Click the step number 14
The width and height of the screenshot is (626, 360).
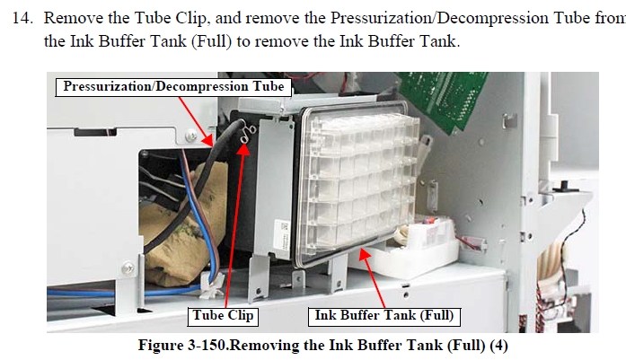coord(22,18)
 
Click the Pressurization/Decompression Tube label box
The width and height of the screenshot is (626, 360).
coord(173,87)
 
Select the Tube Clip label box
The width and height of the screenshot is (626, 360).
coord(223,316)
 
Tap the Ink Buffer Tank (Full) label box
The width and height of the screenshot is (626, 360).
coord(384,316)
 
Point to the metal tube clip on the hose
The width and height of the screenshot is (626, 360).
coord(248,133)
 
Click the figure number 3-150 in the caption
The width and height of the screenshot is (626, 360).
coord(207,345)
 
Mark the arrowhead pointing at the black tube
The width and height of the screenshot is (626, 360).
coord(208,141)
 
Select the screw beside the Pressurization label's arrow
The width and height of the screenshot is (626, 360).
coord(191,136)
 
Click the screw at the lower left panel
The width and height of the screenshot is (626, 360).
coord(128,268)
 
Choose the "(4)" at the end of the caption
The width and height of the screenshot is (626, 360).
coord(498,346)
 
